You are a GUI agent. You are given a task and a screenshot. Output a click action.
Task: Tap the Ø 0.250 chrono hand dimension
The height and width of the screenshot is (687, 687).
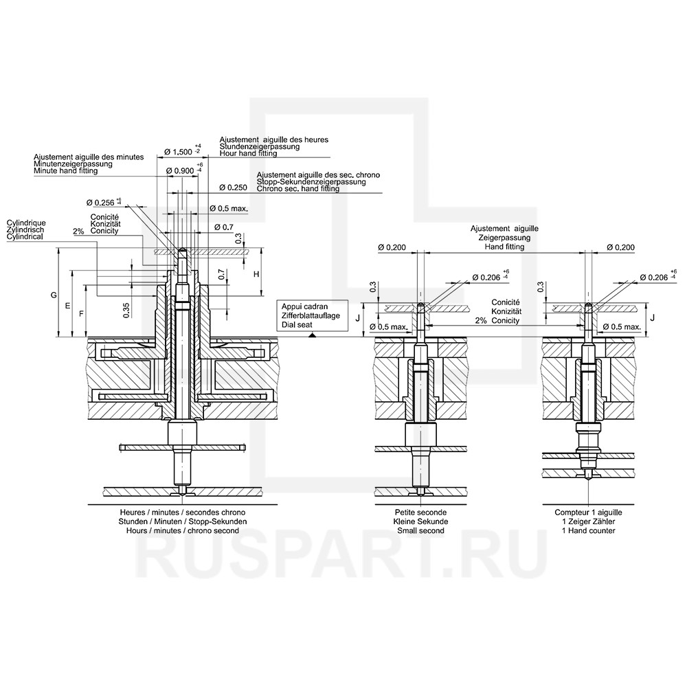click(233, 188)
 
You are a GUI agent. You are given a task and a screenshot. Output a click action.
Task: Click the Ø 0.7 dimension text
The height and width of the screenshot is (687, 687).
click(223, 227)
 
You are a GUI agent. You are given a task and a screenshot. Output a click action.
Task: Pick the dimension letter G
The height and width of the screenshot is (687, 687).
click(54, 295)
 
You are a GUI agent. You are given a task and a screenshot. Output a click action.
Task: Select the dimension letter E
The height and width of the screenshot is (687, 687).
click(68, 306)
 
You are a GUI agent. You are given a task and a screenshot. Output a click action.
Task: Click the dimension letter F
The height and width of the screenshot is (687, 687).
click(81, 313)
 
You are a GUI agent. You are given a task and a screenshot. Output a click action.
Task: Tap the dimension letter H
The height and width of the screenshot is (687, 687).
click(256, 274)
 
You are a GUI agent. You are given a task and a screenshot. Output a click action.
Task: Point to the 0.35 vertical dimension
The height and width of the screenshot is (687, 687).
click(126, 311)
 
